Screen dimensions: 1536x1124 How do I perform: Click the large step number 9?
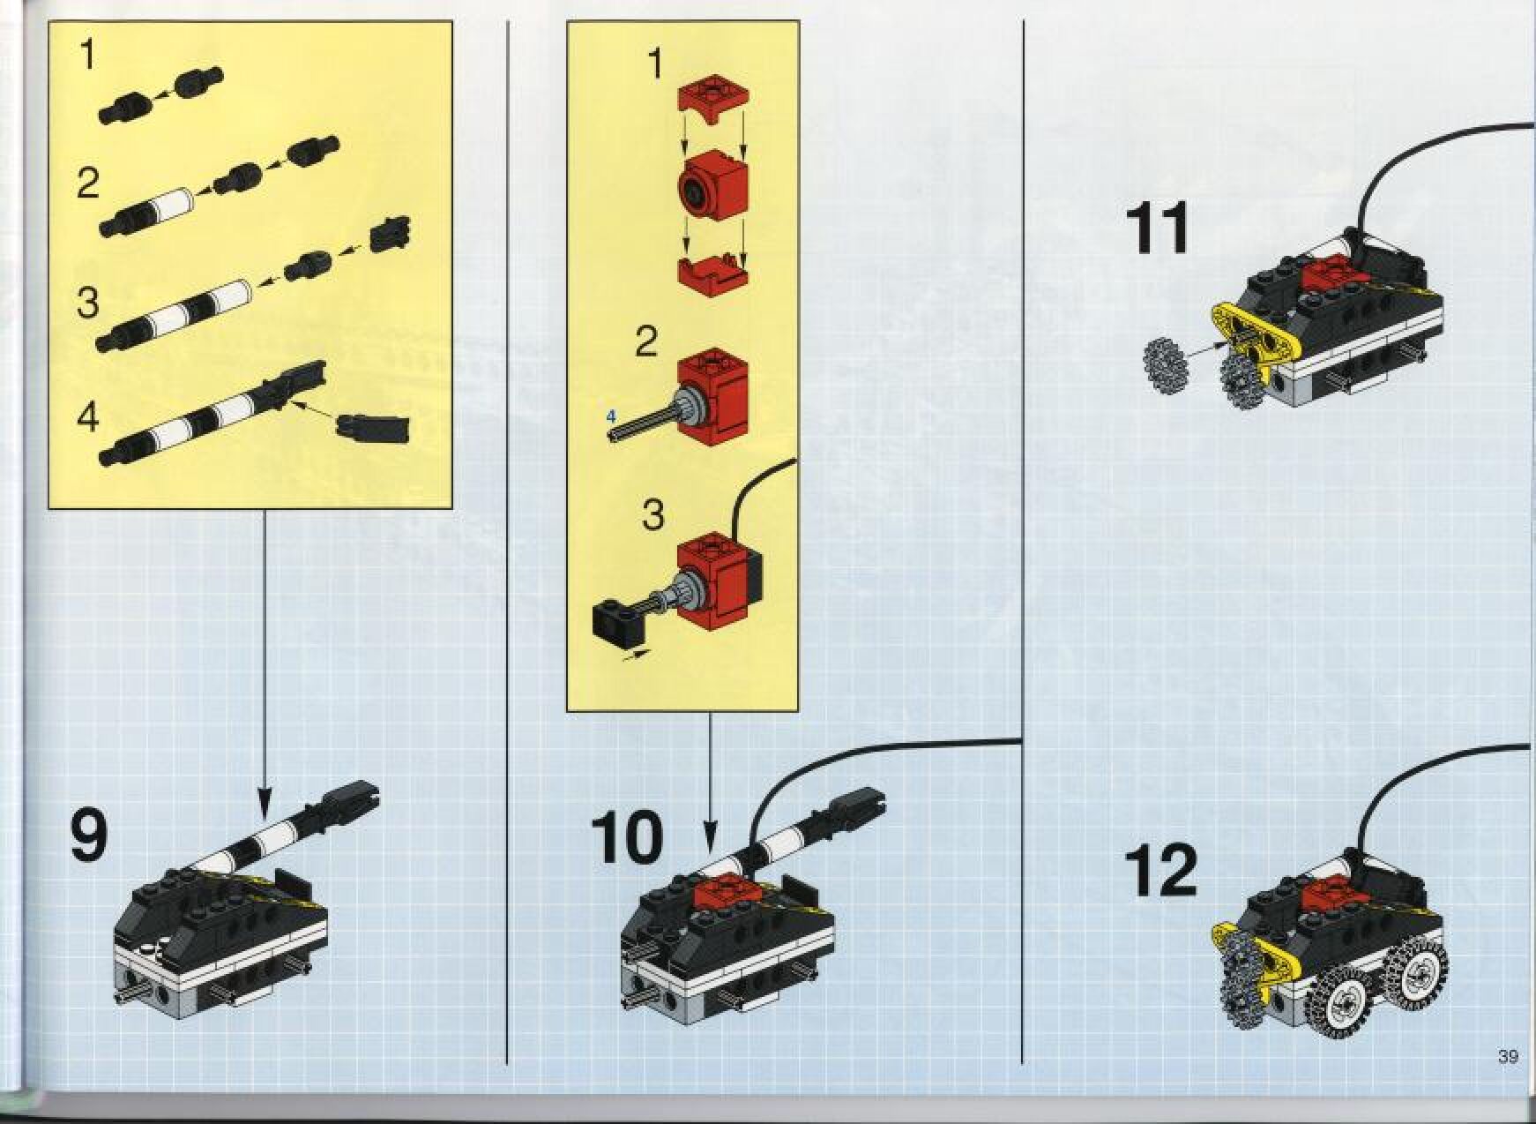(88, 836)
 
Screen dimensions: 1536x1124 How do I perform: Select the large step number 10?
(627, 837)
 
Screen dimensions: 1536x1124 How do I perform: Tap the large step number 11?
(1157, 228)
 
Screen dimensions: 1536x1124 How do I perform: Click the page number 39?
(1507, 1056)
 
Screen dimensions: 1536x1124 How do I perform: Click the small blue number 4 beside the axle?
(610, 416)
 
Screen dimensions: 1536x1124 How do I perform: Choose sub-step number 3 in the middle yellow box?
(652, 515)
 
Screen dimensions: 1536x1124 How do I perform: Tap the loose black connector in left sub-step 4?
(374, 425)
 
